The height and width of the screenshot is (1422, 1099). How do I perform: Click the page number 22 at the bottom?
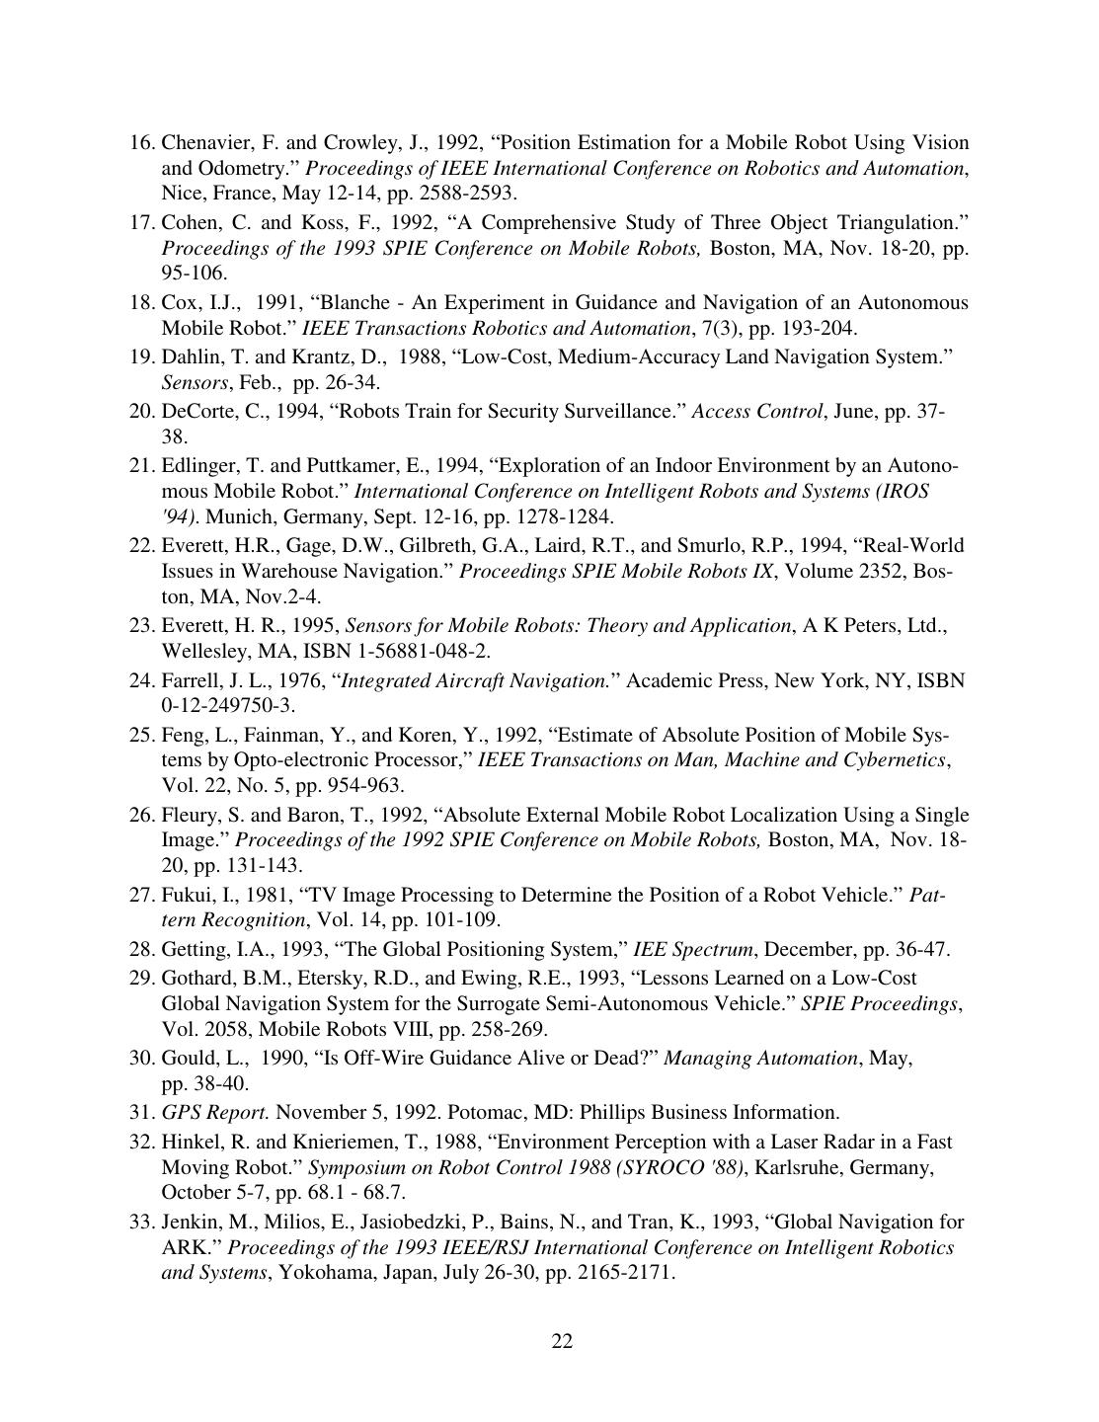(562, 1340)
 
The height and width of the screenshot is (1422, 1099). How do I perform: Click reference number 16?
(142, 142)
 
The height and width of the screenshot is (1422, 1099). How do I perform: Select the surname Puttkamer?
(303, 465)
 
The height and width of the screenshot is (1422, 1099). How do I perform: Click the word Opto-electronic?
(353, 759)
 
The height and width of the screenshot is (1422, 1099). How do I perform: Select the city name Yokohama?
(324, 1272)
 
